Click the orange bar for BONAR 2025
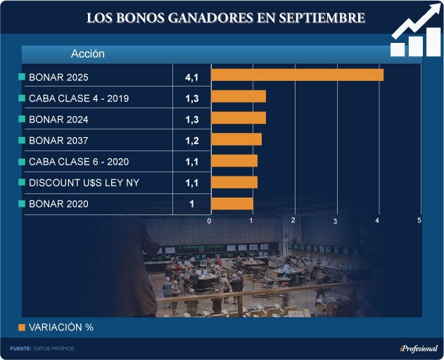point(297,75)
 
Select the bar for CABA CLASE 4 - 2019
point(238,97)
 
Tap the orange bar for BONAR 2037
point(236,140)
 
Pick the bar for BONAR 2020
point(231,204)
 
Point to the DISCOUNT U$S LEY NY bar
point(234,183)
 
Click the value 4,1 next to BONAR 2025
point(191,76)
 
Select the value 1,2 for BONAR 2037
point(191,141)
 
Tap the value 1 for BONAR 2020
point(191,205)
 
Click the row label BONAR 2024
point(58,120)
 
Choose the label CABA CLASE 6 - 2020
point(78,162)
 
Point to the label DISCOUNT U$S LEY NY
point(84,183)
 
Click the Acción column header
point(88,53)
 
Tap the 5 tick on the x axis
point(419,221)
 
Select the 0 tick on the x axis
point(210,221)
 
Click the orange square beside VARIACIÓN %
point(22,327)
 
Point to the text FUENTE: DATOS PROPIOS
point(42,349)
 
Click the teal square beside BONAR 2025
point(22,76)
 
